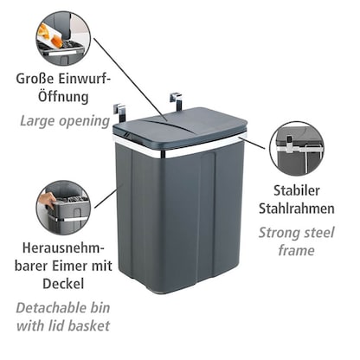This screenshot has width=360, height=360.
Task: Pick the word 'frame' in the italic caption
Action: (x=296, y=251)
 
